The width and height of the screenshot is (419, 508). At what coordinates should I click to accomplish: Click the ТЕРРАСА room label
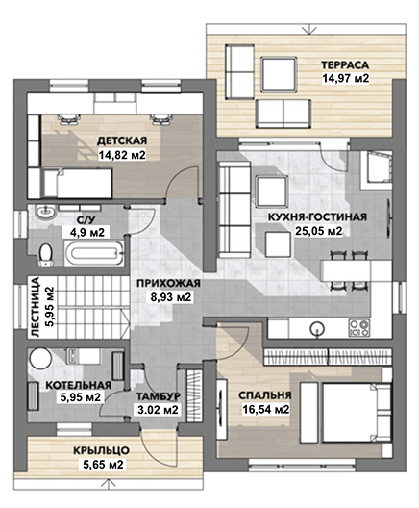tap(345, 64)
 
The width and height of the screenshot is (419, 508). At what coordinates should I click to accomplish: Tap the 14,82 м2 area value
tap(122, 155)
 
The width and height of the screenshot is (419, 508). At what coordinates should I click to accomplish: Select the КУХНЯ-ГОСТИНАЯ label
tap(317, 217)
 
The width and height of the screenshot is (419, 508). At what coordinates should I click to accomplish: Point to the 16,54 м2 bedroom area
tap(266, 410)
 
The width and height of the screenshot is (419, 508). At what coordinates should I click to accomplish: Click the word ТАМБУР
tap(158, 396)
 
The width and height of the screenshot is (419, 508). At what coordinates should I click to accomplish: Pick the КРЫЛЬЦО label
tap(101, 450)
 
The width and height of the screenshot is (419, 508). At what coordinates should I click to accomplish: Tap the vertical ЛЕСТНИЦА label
tap(35, 307)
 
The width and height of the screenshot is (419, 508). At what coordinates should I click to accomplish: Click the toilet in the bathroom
tap(45, 255)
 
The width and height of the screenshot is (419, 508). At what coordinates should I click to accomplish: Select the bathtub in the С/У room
tap(94, 253)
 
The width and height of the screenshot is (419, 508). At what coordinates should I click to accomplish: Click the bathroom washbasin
tap(45, 213)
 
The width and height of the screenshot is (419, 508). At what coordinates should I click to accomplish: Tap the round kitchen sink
tap(317, 329)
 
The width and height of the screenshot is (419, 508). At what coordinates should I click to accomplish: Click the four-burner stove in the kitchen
tap(359, 327)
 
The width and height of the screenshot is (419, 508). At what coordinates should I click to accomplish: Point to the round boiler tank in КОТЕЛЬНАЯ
tap(40, 358)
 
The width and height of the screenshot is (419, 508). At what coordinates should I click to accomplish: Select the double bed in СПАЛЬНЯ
tap(355, 413)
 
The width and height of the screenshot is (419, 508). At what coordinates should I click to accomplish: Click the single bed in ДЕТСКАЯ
tap(78, 183)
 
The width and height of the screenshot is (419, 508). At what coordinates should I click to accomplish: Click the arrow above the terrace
tap(309, 29)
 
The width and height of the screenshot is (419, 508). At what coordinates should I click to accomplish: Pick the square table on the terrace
tap(279, 74)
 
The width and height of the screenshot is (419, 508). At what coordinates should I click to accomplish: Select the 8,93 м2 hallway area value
tap(171, 297)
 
